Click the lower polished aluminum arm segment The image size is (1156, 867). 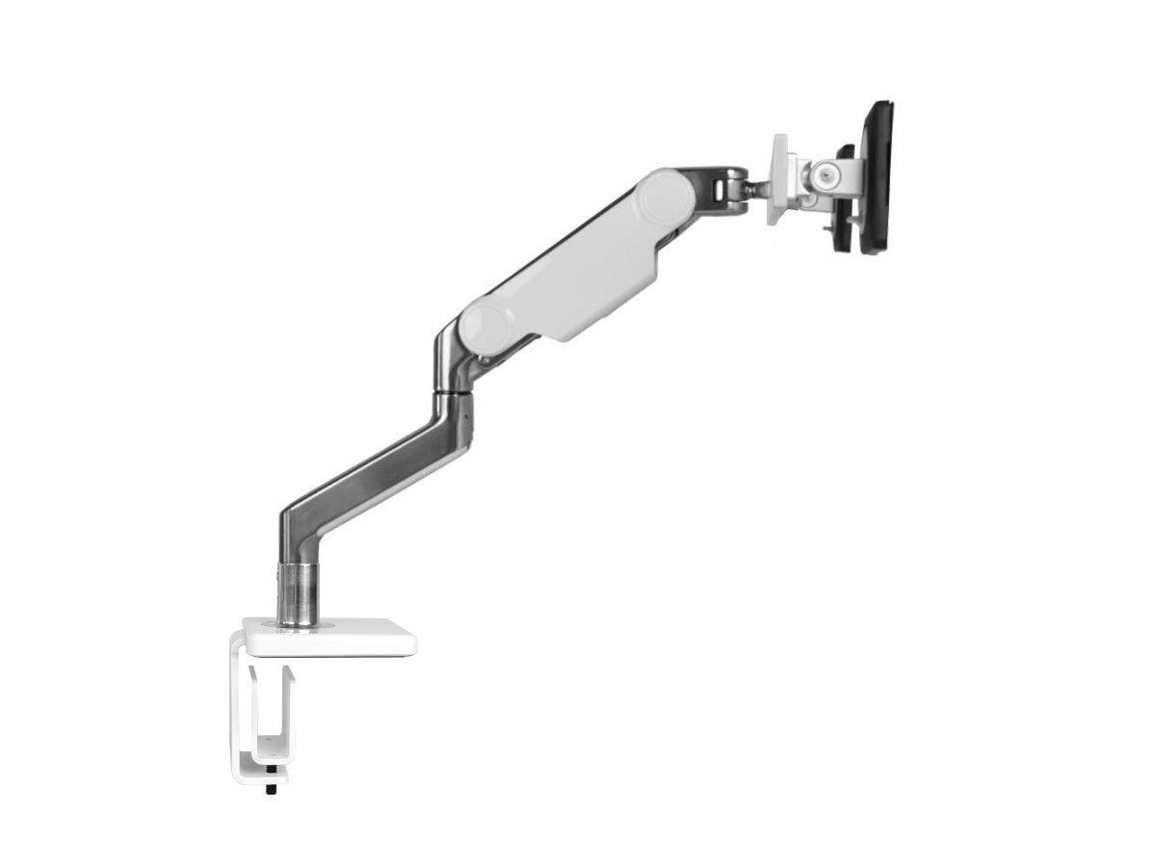(x=385, y=472)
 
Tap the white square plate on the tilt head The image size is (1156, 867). (x=780, y=178)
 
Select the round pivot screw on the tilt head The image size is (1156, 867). (x=823, y=174)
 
